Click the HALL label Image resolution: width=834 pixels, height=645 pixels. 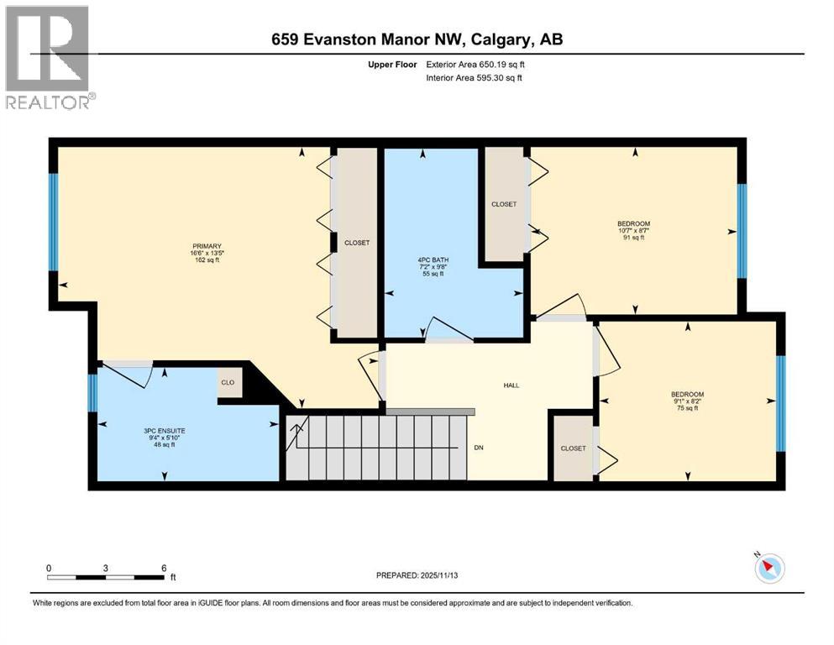511,385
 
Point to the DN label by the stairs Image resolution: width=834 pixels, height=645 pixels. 479,448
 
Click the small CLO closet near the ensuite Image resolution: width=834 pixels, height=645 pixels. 228,383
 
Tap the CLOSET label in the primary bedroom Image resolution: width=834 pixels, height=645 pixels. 357,243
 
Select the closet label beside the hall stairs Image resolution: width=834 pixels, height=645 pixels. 573,448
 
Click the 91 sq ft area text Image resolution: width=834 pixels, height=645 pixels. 633,238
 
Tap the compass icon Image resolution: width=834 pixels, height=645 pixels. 768,569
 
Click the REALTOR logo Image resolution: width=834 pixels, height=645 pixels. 50,58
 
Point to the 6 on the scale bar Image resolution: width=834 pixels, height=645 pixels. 163,568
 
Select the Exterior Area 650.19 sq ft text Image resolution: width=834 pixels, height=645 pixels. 481,64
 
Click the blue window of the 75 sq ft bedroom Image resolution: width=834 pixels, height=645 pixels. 780,403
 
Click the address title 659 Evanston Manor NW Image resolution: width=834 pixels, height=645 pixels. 417,39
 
